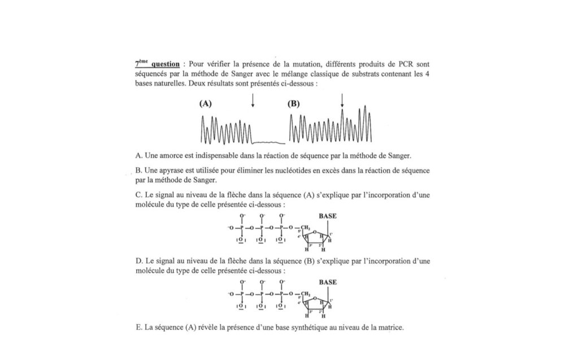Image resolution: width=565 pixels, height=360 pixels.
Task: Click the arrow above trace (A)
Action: pyautogui.click(x=253, y=101)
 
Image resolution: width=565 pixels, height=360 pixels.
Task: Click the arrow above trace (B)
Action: pyautogui.click(x=342, y=101)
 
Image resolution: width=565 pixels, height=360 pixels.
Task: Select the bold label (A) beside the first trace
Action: pyautogui.click(x=205, y=104)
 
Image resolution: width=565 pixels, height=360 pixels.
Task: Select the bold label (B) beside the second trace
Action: pyautogui.click(x=293, y=104)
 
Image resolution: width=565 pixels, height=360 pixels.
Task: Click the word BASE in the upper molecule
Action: pyautogui.click(x=328, y=215)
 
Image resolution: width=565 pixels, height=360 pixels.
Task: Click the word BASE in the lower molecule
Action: pyautogui.click(x=328, y=281)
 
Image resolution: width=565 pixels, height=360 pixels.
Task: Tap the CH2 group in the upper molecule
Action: pyautogui.click(x=306, y=228)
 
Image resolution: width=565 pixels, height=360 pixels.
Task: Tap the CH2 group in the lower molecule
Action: pyautogui.click(x=306, y=294)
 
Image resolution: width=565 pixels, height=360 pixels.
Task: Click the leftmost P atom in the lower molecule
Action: pyautogui.click(x=242, y=294)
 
